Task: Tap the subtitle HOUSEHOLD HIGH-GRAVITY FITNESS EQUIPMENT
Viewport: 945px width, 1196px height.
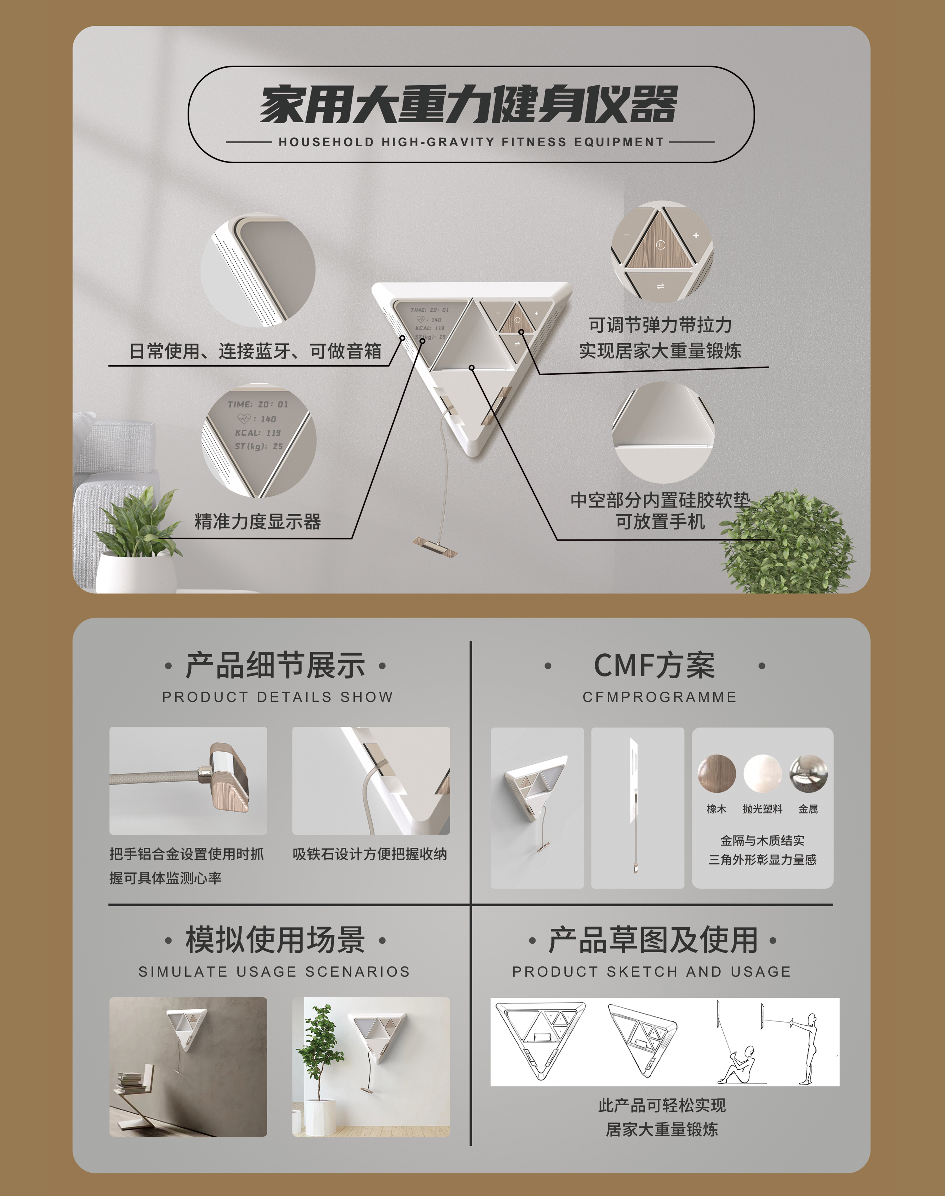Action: click(x=471, y=142)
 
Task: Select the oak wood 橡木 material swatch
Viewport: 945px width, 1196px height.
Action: click(x=716, y=774)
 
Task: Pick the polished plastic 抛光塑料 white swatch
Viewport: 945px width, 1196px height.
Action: click(x=762, y=774)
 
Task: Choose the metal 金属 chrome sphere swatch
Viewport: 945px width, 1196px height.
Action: click(x=808, y=774)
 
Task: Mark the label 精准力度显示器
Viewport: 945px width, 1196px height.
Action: click(x=258, y=521)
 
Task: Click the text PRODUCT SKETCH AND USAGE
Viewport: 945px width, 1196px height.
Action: click(x=652, y=972)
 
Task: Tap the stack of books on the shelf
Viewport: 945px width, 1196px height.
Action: click(x=132, y=1082)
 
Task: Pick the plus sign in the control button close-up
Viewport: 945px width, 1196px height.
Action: click(x=696, y=235)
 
